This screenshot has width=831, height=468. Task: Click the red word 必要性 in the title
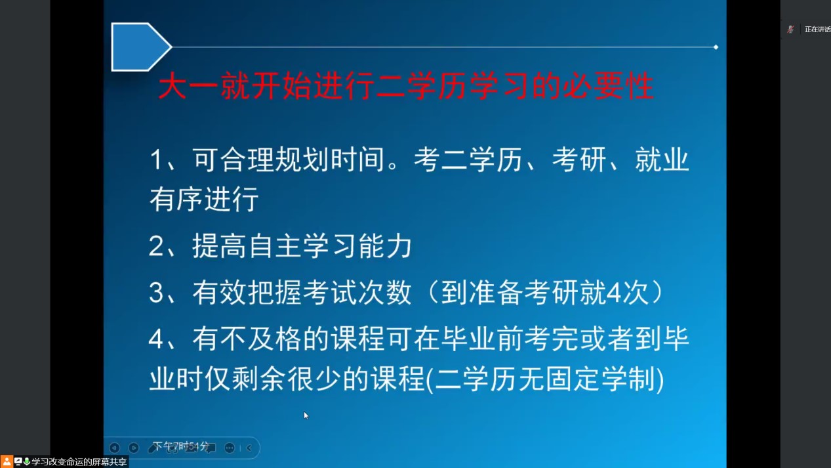609,86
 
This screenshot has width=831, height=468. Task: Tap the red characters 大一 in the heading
188,86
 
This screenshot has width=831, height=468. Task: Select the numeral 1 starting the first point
155,160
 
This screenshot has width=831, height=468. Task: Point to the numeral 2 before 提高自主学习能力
155,245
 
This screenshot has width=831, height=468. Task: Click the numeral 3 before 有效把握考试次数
156,293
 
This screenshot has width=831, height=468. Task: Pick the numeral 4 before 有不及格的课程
156,339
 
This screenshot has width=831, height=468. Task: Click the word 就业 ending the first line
662,160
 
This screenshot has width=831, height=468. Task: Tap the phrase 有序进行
204,199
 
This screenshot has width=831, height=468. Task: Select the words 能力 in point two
385,245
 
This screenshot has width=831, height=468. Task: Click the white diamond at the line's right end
716,47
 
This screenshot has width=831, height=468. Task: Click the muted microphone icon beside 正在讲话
790,30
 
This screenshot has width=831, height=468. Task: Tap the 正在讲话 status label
818,30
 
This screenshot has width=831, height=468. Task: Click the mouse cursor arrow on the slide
306,415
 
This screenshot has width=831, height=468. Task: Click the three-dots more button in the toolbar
230,448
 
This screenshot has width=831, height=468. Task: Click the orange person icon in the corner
7,461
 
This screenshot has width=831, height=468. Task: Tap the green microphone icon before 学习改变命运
27,461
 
